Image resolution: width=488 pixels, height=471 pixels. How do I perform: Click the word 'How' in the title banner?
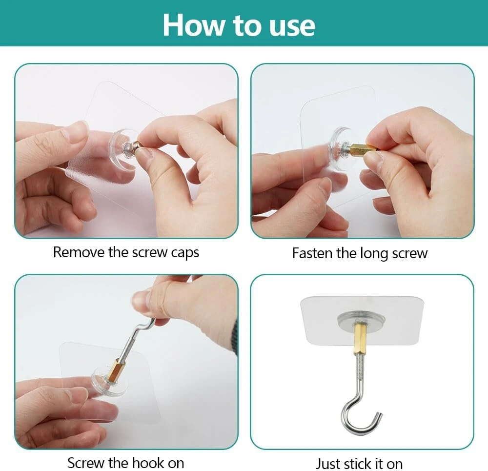click(x=193, y=25)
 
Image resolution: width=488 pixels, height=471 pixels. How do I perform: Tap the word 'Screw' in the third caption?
click(x=86, y=463)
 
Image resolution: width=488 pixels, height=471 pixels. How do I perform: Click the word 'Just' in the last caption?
click(x=328, y=464)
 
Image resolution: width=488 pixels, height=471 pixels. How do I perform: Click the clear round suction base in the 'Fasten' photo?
click(x=338, y=149)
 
